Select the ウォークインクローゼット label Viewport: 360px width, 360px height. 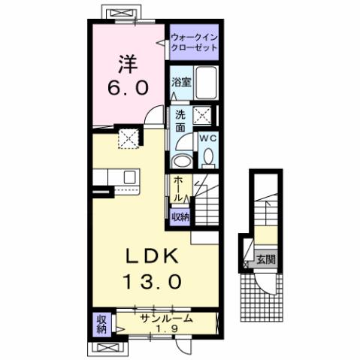click(193, 41)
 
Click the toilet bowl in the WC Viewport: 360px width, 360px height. click(208, 156)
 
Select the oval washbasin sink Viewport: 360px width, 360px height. click(180, 161)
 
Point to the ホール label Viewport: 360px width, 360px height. click(177, 188)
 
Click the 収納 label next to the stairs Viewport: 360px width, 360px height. click(179, 216)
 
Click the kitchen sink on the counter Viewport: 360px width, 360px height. click(129, 177)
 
